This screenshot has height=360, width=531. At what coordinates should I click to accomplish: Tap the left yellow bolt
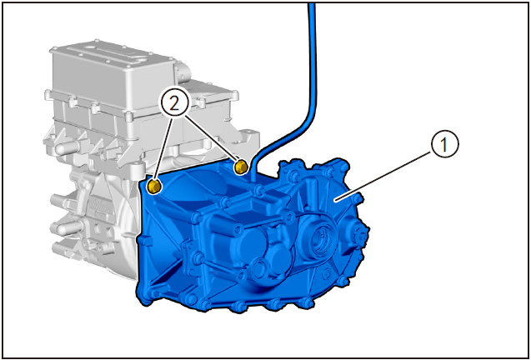(154, 187)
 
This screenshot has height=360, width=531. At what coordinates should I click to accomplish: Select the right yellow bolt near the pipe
(240, 167)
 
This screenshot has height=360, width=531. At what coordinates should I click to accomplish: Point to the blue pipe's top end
(312, 5)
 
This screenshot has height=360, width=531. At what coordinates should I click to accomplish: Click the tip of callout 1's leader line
(334, 201)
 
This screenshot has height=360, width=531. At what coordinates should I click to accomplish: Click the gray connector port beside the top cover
(183, 71)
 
